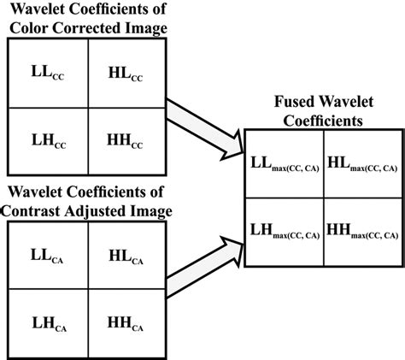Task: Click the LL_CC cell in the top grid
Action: click(48, 75)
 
